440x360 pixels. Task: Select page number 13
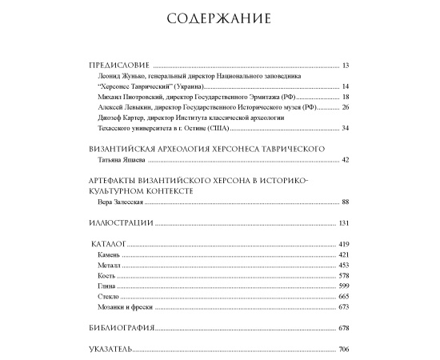click(x=345, y=66)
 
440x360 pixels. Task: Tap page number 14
click(x=345, y=86)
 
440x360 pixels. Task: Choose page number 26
click(x=345, y=107)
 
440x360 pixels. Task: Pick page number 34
click(x=345, y=128)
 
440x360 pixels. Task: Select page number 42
click(x=345, y=160)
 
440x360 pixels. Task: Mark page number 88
click(x=345, y=202)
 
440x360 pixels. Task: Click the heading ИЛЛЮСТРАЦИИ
click(x=118, y=222)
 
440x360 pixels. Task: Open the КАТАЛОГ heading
click(x=109, y=243)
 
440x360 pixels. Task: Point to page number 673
click(x=343, y=306)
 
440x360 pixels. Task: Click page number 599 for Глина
click(x=343, y=286)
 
